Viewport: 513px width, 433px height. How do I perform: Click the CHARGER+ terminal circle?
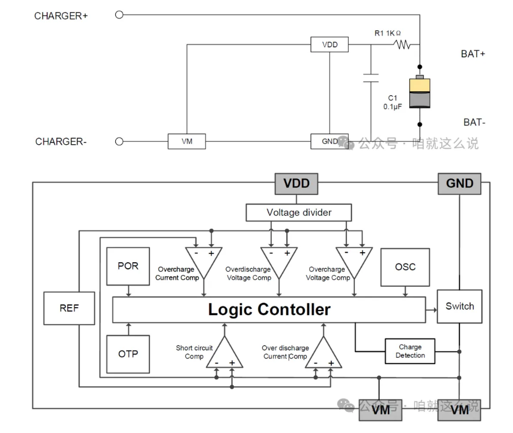pyautogui.click(x=119, y=14)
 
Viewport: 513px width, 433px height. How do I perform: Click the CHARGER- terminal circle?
pyautogui.click(x=119, y=141)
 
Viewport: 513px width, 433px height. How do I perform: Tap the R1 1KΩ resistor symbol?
pyautogui.click(x=402, y=44)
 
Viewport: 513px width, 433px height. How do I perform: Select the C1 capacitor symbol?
pyautogui.click(x=370, y=78)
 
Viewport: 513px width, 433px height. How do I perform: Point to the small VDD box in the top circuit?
pyautogui.click(x=329, y=45)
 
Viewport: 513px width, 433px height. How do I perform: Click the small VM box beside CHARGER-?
pyautogui.click(x=187, y=141)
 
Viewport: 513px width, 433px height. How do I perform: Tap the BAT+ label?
pyautogui.click(x=473, y=54)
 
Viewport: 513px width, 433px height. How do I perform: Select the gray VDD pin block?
pyautogui.click(x=296, y=184)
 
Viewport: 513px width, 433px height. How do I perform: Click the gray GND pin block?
pyautogui.click(x=460, y=184)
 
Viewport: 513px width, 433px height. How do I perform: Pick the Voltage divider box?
pyautogui.click(x=299, y=213)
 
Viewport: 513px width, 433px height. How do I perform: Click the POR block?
pyautogui.click(x=128, y=267)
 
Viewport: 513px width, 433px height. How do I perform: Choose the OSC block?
pyautogui.click(x=405, y=267)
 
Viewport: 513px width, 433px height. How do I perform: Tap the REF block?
pyautogui.click(x=70, y=308)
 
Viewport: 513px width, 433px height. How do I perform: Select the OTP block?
pyautogui.click(x=128, y=354)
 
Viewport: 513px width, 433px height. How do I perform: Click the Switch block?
pyautogui.click(x=460, y=307)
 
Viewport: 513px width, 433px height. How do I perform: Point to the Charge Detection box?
pyautogui.click(x=411, y=351)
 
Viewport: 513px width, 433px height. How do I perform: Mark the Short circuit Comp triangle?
pyautogui.click(x=224, y=352)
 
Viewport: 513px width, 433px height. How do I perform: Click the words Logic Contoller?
pyautogui.click(x=269, y=309)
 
